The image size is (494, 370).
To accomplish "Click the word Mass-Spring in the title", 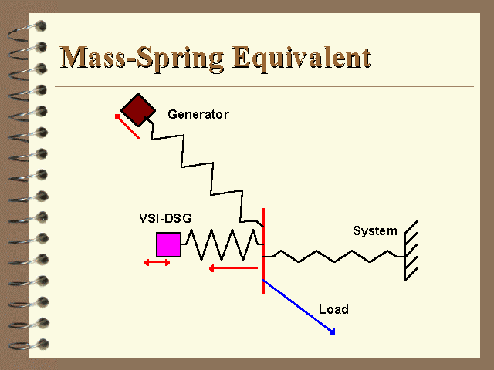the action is (x=142, y=59).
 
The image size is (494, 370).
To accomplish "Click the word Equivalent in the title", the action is (x=302, y=59).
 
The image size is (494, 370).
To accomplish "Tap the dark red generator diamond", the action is (x=138, y=109).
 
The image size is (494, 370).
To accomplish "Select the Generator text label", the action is (x=198, y=114).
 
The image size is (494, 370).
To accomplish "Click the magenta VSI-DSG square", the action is (x=168, y=245).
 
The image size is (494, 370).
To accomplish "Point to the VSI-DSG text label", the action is (x=165, y=218).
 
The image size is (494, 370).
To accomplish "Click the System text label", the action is (x=374, y=231).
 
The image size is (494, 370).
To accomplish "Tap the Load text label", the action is (x=333, y=309).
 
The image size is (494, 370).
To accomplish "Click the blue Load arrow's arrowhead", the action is (x=332, y=331).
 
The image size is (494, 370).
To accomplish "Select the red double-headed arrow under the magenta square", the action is (x=157, y=262).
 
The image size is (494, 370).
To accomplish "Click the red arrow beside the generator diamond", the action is (x=127, y=126).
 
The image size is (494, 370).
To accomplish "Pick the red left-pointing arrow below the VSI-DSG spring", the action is (x=233, y=268).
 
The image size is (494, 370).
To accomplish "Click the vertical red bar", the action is (x=263, y=251).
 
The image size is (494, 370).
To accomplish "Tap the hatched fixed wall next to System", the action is (x=411, y=251).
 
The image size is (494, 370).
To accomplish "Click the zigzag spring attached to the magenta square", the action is (x=222, y=245).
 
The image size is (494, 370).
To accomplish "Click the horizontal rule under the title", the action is (x=264, y=86).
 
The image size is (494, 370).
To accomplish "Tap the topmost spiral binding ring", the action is (x=28, y=31).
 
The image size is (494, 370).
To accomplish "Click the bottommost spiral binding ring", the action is (x=29, y=345).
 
